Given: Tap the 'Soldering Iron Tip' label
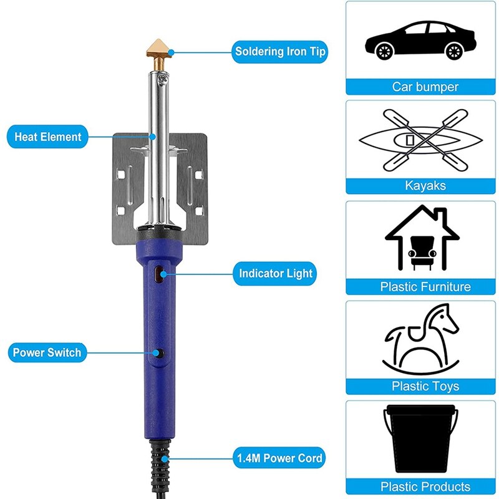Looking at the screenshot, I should tap(280, 52).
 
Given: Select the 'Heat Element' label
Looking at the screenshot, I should tap(48, 137).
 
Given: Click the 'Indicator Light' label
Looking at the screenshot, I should tap(276, 273).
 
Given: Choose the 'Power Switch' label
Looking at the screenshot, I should tap(47, 352).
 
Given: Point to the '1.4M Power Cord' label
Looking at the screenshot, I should tap(279, 458).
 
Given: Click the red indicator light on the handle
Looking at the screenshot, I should tap(158, 272).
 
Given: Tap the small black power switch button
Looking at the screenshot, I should tap(160, 354).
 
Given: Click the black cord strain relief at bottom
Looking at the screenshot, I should tap(159, 465).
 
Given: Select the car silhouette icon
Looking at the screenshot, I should tap(420, 40).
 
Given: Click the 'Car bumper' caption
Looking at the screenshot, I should tap(425, 87).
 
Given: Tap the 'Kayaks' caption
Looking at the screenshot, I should tap(425, 186).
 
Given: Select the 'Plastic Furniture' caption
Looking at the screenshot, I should tap(425, 287).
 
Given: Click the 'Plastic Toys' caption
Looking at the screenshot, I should tap(425, 386).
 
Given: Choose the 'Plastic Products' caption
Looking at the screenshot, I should tap(425, 487).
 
